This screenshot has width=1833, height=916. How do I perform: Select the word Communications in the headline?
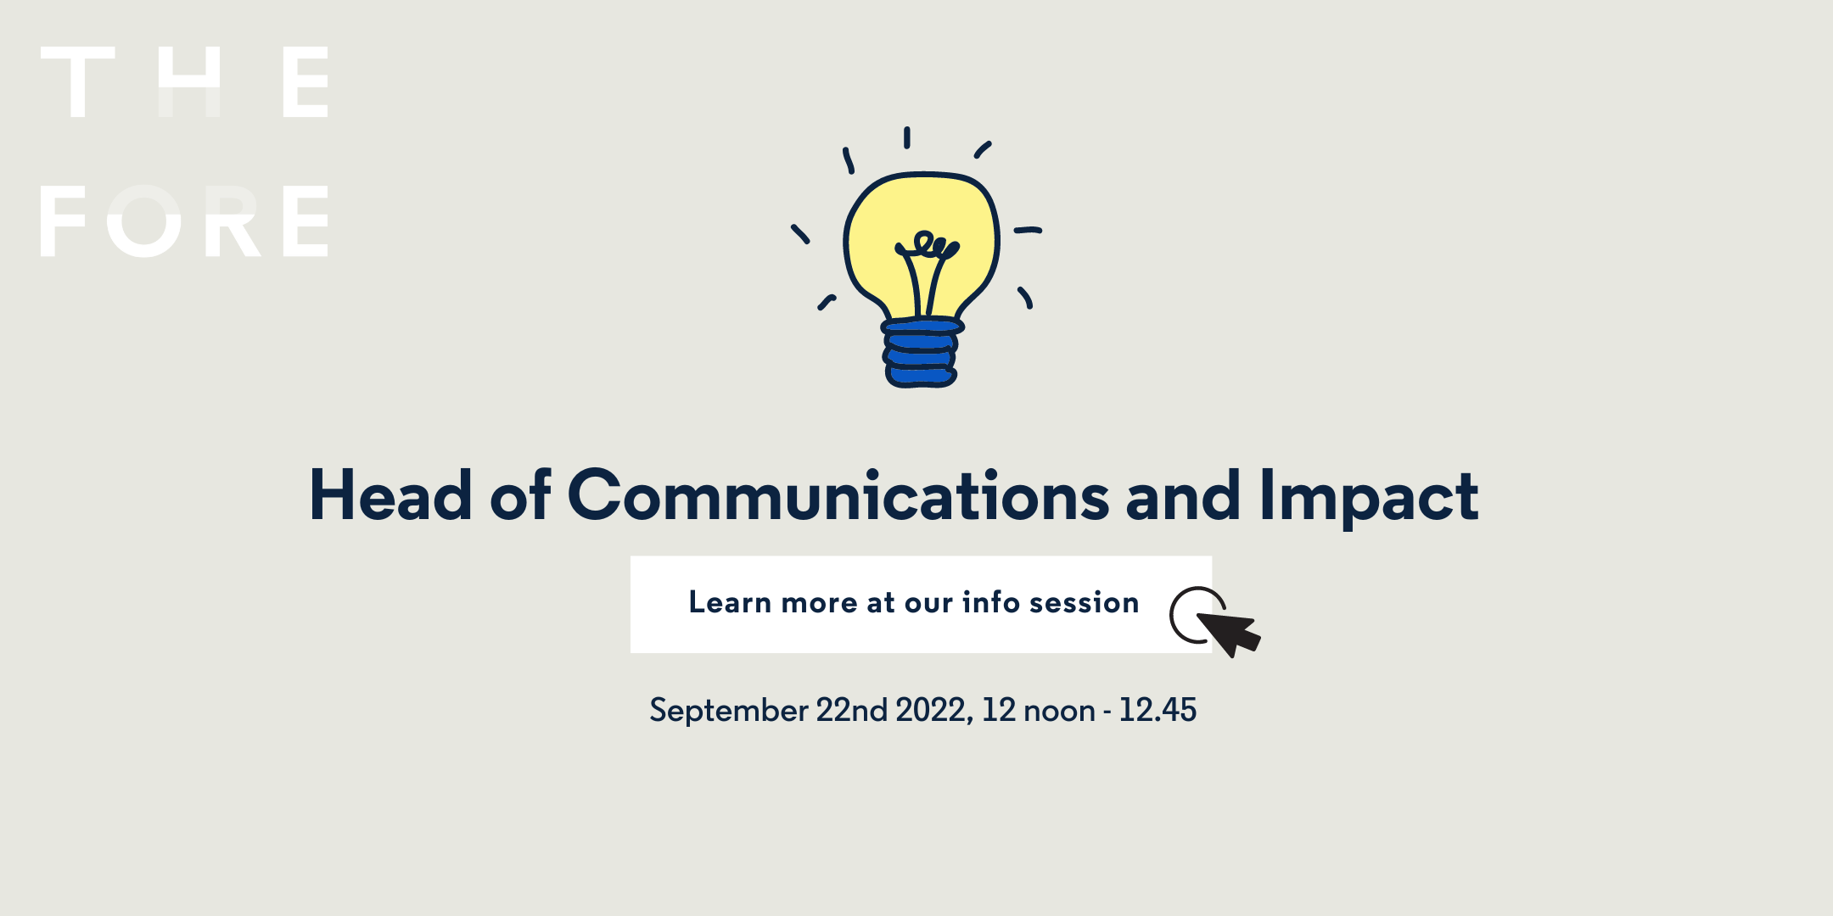click(838, 494)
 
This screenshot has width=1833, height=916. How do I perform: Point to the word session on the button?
click(1084, 602)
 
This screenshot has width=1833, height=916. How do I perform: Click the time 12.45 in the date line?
click(1158, 709)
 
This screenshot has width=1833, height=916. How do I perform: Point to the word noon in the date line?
click(1059, 711)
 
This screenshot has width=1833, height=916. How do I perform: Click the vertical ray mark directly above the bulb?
click(907, 137)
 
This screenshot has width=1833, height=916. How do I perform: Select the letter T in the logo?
click(78, 81)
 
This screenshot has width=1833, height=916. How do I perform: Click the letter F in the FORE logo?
click(63, 221)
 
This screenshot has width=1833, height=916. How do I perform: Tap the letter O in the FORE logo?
click(144, 221)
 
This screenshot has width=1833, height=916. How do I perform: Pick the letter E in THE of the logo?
click(305, 81)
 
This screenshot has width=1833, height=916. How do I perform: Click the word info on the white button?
click(991, 601)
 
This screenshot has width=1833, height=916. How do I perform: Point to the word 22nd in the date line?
click(852, 709)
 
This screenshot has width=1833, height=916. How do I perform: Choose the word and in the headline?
click(1183, 494)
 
